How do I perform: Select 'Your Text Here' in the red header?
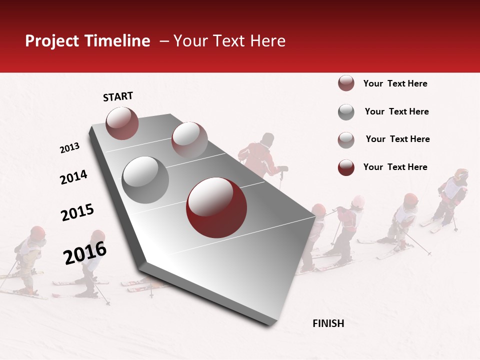[x=229, y=41]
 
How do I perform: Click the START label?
[x=118, y=96]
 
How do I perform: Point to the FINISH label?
[x=328, y=323]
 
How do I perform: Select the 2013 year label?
[x=69, y=148]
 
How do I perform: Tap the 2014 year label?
[x=73, y=177]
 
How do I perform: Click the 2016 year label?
[x=85, y=252]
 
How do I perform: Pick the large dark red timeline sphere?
[x=216, y=207]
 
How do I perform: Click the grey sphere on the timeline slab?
[x=145, y=179]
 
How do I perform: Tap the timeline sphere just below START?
[x=122, y=123]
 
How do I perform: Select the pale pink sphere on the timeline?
[x=189, y=140]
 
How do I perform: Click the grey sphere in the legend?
[x=346, y=112]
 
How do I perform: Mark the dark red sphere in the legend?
[x=346, y=167]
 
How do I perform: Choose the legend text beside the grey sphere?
[x=396, y=111]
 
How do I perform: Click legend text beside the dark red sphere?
[x=395, y=167]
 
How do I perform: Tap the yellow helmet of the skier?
[x=461, y=174]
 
